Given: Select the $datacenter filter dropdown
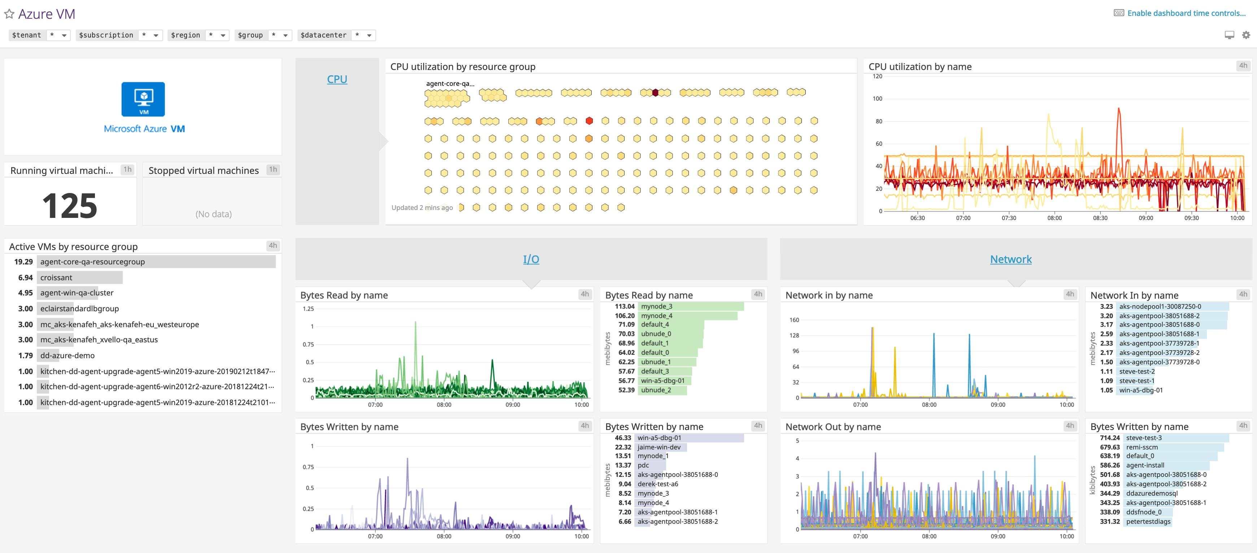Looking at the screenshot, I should (336, 35).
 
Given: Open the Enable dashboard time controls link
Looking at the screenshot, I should (1186, 13).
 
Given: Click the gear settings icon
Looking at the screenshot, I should (1246, 35).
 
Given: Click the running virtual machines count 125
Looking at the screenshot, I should (70, 205).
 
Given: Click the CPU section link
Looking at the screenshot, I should (337, 79).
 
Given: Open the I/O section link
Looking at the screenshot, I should (531, 259).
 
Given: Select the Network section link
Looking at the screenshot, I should (1010, 259).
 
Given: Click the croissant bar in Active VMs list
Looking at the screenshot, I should (79, 277).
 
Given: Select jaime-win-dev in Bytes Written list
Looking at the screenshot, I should (659, 447).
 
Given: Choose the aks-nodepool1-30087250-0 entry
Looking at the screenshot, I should (1160, 306).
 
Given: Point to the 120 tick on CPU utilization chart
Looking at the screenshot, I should (877, 76).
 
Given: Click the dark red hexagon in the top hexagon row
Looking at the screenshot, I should (655, 92).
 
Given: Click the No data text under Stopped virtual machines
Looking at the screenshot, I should (213, 214).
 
